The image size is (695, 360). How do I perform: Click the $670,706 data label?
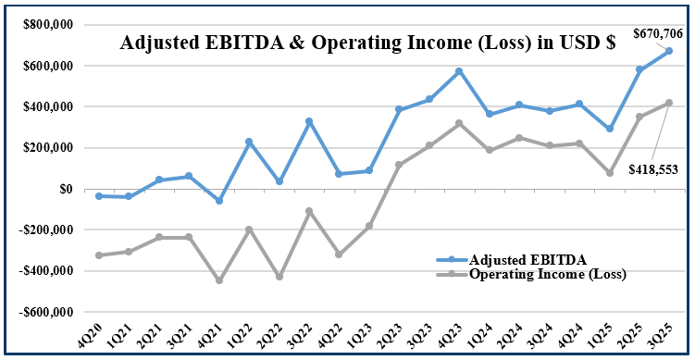[x=658, y=34]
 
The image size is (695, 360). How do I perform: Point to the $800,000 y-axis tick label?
[x=45, y=25]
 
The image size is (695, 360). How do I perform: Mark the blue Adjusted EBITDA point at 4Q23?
[x=459, y=71]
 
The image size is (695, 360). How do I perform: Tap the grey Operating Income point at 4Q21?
[x=219, y=280]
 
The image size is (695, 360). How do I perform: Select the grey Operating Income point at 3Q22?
[x=309, y=211]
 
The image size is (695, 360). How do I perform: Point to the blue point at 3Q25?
[x=669, y=51]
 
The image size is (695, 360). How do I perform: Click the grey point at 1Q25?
[x=609, y=173]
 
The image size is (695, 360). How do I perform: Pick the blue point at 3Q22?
[x=309, y=121]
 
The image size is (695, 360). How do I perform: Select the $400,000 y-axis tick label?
[x=45, y=106]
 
